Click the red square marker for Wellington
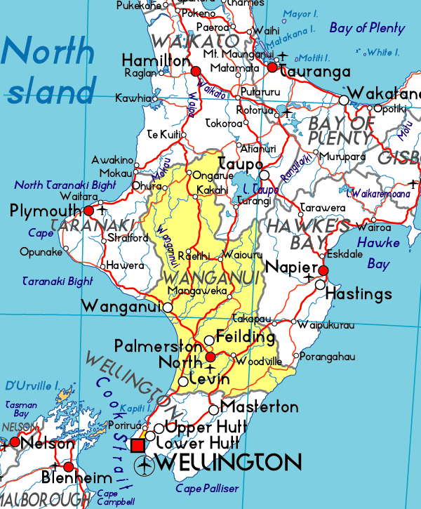pos(139,446)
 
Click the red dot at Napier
pos(323,270)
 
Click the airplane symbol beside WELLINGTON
pos(146,463)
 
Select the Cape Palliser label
pos(207,488)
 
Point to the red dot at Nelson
pos(15,442)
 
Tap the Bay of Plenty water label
pos(367,28)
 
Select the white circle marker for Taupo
pos(264,175)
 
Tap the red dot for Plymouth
pos(89,210)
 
